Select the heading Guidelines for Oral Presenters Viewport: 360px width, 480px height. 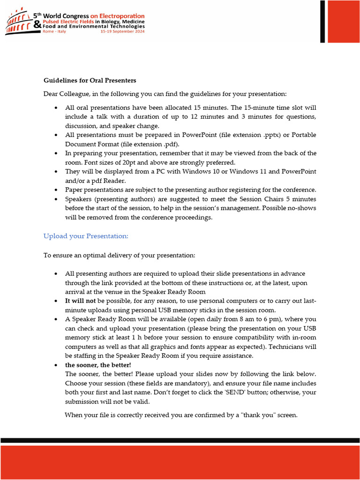click(x=90, y=81)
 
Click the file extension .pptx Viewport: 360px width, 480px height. click(x=251, y=135)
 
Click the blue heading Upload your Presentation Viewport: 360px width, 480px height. click(x=86, y=236)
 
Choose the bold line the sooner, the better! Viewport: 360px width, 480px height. click(x=98, y=365)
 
